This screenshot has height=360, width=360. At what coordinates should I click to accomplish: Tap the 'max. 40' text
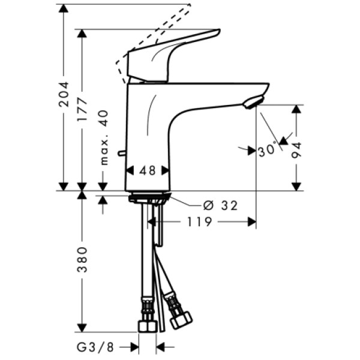pyautogui.click(x=103, y=139)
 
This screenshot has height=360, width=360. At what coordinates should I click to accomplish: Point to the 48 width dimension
pyautogui.click(x=148, y=170)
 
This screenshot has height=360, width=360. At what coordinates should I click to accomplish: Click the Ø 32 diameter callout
pyautogui.click(x=221, y=206)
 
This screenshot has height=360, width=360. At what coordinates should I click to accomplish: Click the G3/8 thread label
pyautogui.click(x=97, y=347)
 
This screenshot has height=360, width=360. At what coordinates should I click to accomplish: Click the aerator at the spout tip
pyautogui.click(x=253, y=103)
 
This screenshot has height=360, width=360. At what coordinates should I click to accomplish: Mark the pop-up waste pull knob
pyautogui.click(x=122, y=155)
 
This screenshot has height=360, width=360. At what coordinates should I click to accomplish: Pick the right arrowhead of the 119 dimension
pyautogui.click(x=252, y=222)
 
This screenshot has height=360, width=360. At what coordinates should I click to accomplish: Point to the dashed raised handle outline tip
pyautogui.click(x=188, y=6)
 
